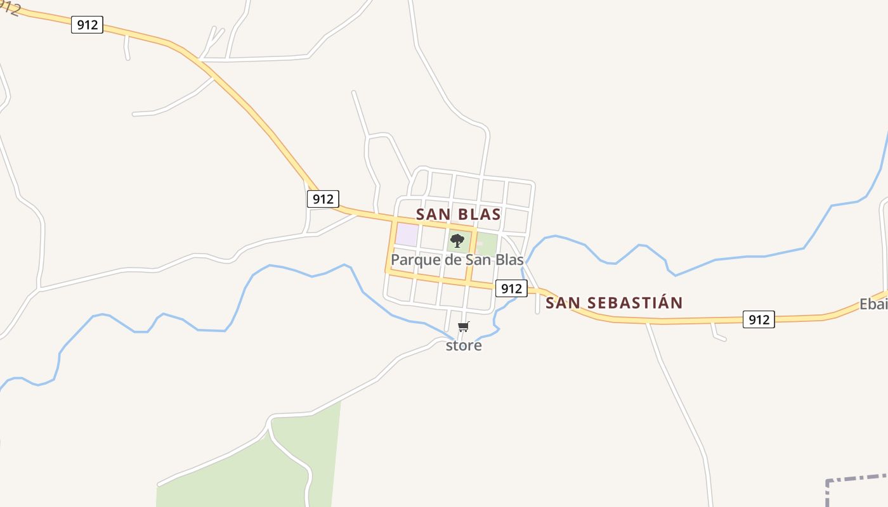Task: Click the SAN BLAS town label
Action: click(458, 214)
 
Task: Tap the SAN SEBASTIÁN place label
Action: click(613, 303)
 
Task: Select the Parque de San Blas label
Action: click(457, 260)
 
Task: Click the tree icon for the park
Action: click(457, 241)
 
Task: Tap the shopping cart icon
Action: click(464, 327)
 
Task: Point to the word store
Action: click(464, 345)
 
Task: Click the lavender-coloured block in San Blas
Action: click(407, 234)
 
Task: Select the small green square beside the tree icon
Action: click(486, 243)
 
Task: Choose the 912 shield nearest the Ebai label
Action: click(758, 319)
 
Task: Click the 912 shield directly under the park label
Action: click(511, 288)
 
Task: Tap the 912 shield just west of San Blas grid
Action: click(323, 199)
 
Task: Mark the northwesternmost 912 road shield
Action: click(87, 25)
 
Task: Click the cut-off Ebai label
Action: click(873, 304)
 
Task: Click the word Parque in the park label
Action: click(413, 260)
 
